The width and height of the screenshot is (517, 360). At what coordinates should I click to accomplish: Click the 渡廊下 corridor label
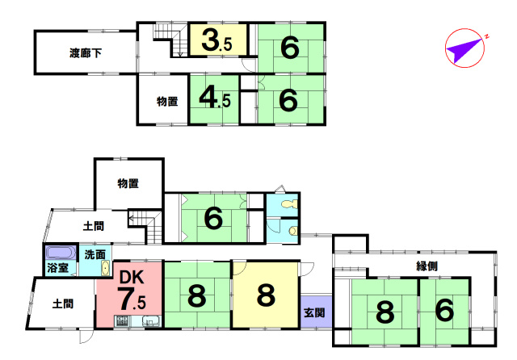[x=86, y=52]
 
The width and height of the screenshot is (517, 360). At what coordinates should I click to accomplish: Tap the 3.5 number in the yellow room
[x=217, y=40]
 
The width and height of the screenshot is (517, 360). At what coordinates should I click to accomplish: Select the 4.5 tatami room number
[x=215, y=98]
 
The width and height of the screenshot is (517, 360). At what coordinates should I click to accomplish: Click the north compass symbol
[x=465, y=48]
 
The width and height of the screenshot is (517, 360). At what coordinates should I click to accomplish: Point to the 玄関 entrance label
[x=314, y=312]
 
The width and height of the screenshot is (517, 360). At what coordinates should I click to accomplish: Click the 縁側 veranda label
[x=427, y=266]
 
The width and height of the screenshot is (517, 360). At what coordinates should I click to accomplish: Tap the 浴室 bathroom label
[x=58, y=268]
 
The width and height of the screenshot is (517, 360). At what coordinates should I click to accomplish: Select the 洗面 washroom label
[x=95, y=254]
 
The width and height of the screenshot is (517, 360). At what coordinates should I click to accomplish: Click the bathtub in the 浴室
[x=61, y=253]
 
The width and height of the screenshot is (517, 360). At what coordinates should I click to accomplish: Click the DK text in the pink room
[x=132, y=278]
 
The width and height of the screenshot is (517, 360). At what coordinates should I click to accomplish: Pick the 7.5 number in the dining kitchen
[x=132, y=299]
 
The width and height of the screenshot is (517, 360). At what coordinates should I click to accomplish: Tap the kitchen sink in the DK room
[x=151, y=320]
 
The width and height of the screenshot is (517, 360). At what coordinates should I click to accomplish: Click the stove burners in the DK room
[x=122, y=320]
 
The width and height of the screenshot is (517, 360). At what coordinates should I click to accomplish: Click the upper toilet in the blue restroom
[x=289, y=204]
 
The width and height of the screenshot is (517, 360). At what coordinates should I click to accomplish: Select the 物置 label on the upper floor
[x=167, y=101]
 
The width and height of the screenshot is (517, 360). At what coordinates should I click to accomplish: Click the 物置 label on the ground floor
[x=128, y=183]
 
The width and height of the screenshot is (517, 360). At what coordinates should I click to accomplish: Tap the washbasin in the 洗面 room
[x=105, y=268]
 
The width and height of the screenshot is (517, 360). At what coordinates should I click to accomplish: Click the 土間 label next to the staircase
[x=94, y=226]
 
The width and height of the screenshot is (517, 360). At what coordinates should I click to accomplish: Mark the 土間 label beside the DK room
[x=63, y=303]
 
